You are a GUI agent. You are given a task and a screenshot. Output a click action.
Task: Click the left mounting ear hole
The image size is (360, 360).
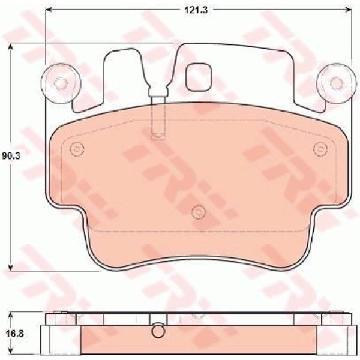[x=59, y=83]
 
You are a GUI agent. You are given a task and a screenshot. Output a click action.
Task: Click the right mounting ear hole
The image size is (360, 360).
[x=333, y=83]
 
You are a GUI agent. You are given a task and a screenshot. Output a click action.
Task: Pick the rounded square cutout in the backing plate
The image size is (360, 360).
[x=197, y=76]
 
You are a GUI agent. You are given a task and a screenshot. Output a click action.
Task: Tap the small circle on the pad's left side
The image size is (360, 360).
[x=75, y=149]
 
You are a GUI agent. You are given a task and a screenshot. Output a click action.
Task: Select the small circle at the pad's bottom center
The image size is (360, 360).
[x=197, y=211]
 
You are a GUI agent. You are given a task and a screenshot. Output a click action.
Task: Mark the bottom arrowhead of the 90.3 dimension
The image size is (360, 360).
[x=10, y=269]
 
